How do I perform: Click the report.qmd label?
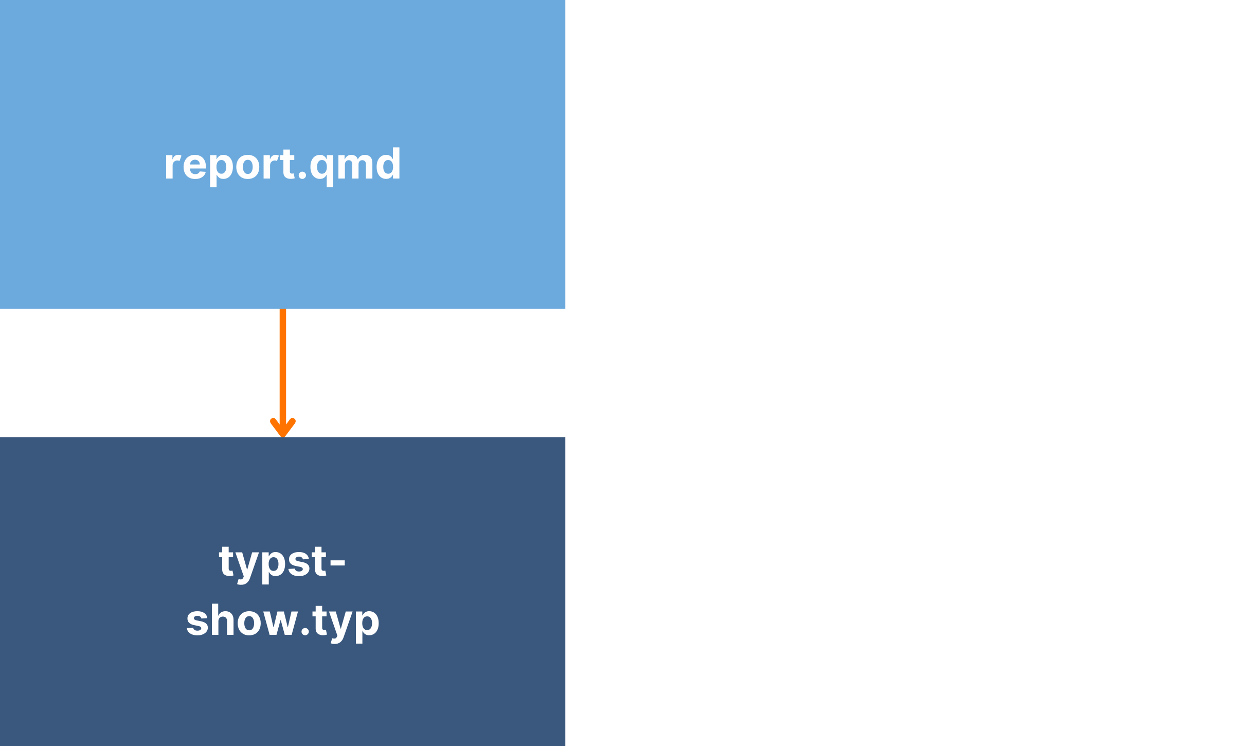282,165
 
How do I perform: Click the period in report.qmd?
302,176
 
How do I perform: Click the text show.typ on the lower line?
282,621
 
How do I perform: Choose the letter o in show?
246,623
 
